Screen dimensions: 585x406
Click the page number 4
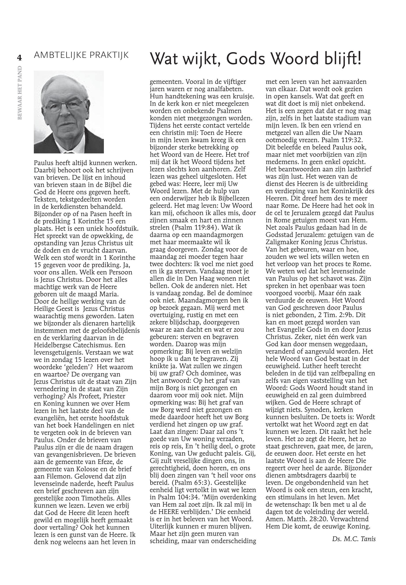(19, 58)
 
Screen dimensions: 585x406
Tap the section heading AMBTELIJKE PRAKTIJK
(81, 55)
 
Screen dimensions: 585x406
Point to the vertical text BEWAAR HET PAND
(20, 93)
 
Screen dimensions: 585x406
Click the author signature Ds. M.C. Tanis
(354, 539)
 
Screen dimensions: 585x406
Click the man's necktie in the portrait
(68, 152)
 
